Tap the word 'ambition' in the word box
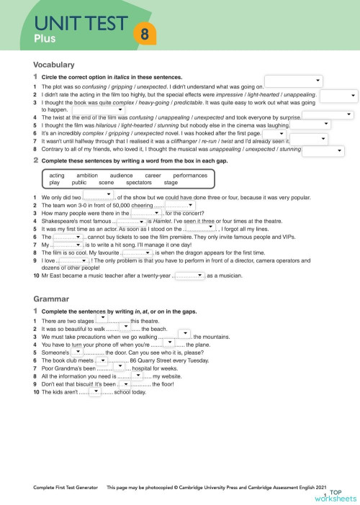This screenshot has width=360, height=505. coord(86,175)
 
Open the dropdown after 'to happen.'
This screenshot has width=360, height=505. coord(98,110)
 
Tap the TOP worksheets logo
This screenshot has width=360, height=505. coord(343,493)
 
